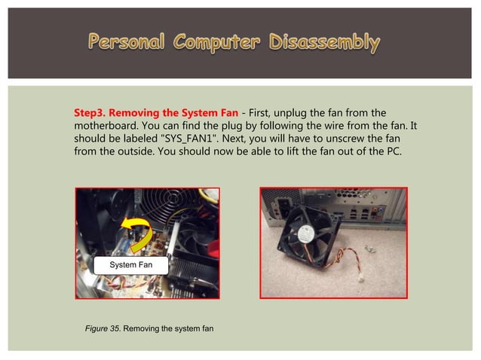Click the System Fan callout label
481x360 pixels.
click(x=130, y=265)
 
